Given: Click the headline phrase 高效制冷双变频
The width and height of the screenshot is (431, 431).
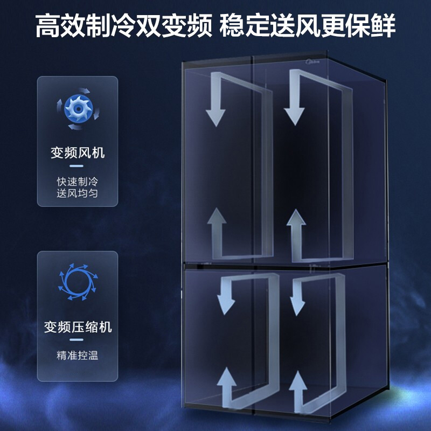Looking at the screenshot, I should [123, 26].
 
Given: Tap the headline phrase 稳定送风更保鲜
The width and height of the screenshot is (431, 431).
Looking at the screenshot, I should [308, 26].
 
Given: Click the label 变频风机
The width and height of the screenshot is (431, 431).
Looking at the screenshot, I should [77, 153].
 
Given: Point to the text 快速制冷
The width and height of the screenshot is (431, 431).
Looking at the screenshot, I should [77, 181].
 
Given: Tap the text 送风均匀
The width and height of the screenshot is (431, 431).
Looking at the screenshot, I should [77, 193].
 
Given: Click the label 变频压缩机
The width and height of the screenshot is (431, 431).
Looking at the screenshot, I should [78, 327].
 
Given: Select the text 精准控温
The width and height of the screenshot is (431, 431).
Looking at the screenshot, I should [77, 355].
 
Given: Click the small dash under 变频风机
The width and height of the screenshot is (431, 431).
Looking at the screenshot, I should [77, 166].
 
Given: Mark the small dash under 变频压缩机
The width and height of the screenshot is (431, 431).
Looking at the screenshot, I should [77, 340].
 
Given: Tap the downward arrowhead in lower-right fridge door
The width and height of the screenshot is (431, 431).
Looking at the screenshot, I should [297, 305].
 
